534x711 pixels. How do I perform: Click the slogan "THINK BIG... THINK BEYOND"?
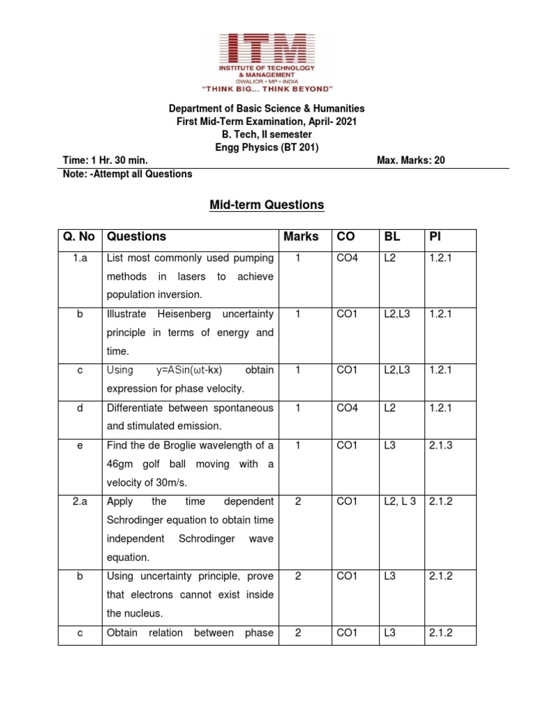[x=267, y=89]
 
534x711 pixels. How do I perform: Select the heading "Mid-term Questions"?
[x=268, y=205]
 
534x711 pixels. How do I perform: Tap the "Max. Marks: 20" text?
[x=410, y=160]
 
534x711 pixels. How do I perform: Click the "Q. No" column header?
[x=79, y=237]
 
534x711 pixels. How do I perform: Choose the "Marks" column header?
[x=300, y=237]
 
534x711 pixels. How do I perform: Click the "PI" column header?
[x=435, y=237]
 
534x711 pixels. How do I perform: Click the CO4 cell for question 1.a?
[x=347, y=258]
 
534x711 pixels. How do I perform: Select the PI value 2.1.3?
[x=440, y=445]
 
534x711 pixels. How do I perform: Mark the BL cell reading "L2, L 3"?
[x=399, y=501]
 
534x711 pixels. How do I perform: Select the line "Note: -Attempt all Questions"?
[x=127, y=174]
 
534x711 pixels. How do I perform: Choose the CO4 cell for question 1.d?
[x=347, y=408]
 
